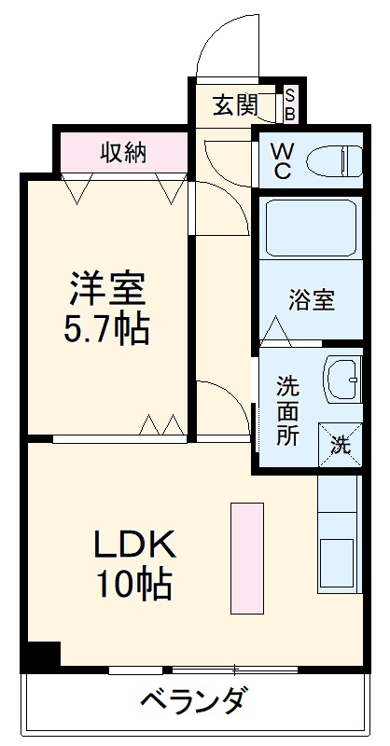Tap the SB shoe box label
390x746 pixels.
point(289,104)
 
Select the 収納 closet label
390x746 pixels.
point(124,152)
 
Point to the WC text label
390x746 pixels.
point(282,161)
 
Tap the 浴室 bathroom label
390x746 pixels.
point(311,301)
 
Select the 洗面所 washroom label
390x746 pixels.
point(287,410)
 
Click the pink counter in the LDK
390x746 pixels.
point(247,558)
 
